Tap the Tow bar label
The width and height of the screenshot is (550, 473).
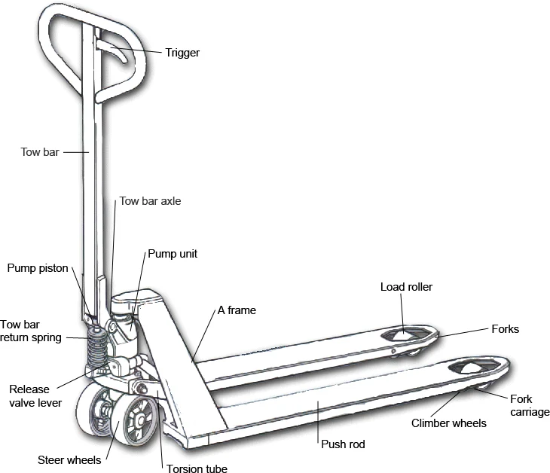[39, 151]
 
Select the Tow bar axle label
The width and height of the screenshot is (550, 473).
[150, 202]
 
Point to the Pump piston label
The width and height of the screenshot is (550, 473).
[38, 268]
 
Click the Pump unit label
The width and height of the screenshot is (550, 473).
[173, 254]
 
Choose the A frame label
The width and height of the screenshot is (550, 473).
[237, 310]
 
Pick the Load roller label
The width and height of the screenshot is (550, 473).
[406, 287]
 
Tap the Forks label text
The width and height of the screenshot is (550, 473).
[505, 329]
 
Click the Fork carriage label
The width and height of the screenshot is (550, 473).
[530, 405]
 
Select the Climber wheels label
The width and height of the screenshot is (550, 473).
[449, 423]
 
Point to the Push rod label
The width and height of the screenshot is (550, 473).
[343, 444]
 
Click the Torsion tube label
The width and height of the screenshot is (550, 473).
[197, 468]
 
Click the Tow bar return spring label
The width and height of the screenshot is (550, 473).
[30, 330]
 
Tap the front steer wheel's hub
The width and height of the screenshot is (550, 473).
[139, 420]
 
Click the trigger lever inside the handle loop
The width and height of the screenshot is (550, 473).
[115, 52]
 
